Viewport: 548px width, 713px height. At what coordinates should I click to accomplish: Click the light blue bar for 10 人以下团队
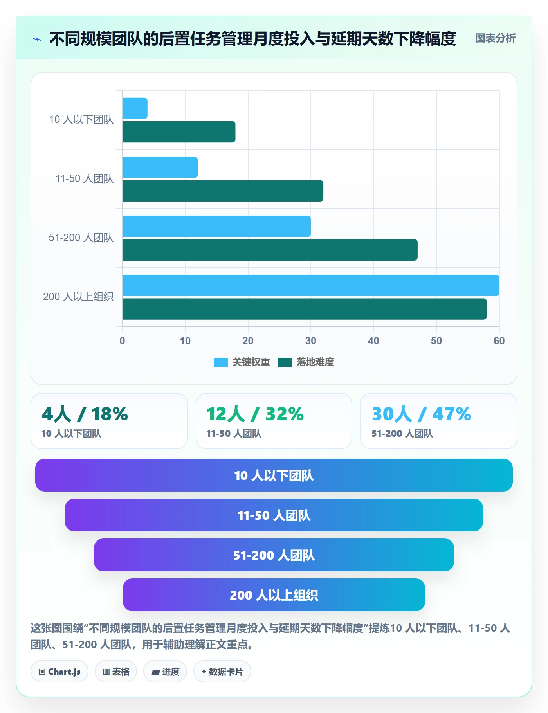click(135, 108)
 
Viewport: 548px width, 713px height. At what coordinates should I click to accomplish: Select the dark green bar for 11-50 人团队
click(223, 191)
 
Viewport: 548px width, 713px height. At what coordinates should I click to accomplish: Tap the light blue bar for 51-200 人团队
click(216, 226)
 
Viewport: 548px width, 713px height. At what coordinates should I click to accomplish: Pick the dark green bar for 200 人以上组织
click(305, 309)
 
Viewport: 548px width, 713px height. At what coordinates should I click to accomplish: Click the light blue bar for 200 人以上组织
click(311, 285)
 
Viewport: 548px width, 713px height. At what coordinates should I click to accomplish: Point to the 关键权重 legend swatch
click(220, 362)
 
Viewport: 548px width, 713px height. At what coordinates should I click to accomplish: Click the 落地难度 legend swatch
click(285, 362)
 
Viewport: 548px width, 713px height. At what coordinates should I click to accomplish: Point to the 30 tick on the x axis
click(311, 341)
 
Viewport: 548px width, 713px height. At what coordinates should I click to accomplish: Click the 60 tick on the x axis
click(499, 341)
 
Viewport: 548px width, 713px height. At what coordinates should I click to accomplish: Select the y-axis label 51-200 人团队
click(81, 238)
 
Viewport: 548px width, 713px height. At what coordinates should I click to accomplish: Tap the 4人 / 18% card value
click(85, 414)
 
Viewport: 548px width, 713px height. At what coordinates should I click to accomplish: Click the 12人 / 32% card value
click(255, 414)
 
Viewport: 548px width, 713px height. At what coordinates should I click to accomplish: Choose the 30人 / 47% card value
click(422, 414)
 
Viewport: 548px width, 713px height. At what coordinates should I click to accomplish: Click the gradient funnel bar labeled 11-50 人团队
click(274, 515)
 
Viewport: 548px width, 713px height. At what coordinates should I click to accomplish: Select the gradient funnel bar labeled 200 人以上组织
click(274, 595)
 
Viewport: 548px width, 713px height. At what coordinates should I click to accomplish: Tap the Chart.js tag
click(59, 672)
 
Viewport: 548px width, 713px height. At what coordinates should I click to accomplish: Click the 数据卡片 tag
click(222, 672)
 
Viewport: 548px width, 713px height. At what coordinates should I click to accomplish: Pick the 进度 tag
click(165, 672)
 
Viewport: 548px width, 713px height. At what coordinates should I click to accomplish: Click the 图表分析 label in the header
click(495, 38)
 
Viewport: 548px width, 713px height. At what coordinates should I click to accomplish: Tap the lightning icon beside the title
click(37, 39)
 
